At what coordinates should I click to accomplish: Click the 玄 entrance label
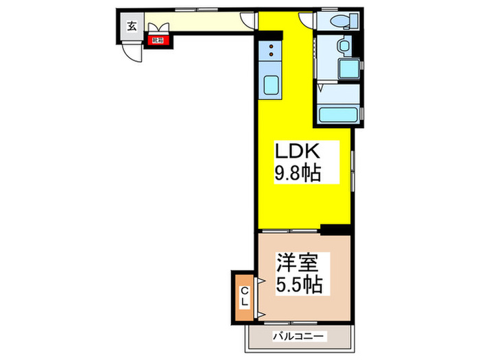click(x=130, y=27)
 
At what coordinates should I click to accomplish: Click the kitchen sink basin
click(x=270, y=86)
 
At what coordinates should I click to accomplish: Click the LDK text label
click(x=296, y=150)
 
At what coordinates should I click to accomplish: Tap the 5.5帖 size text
click(x=299, y=284)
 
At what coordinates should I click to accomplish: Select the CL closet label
click(x=244, y=296)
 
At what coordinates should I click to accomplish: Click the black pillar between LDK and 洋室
click(x=334, y=229)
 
